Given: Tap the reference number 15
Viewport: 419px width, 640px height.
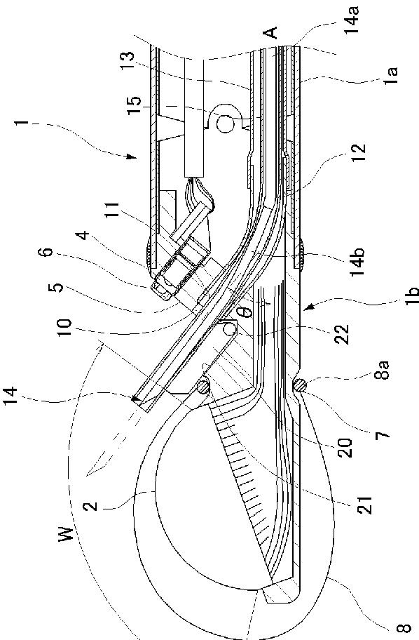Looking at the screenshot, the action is [x=134, y=106].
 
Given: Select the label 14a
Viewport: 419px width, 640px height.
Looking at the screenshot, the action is [x=353, y=20].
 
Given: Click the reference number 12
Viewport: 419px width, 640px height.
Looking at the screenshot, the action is [x=360, y=153].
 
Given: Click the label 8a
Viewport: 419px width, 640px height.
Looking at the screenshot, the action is [x=382, y=370].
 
